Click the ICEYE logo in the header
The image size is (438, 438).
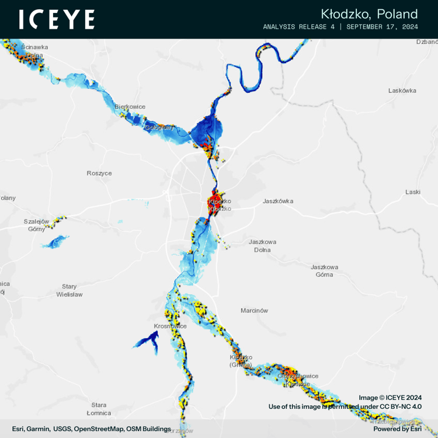pyautogui.click(x=57, y=19)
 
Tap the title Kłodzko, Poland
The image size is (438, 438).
pyautogui.click(x=369, y=14)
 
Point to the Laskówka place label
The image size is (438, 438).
pyautogui.click(x=402, y=91)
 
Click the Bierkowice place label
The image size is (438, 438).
pyautogui.click(x=130, y=107)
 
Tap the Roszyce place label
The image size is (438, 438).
pyautogui.click(x=99, y=173)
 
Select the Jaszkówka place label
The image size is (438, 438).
pyautogui.click(x=278, y=201)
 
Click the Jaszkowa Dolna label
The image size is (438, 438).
pyautogui.click(x=262, y=246)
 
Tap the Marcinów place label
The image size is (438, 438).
pyautogui.click(x=255, y=311)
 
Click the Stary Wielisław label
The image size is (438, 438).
pyautogui.click(x=69, y=290)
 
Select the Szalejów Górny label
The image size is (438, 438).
pyautogui.click(x=36, y=225)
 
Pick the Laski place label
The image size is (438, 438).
pyautogui.click(x=412, y=192)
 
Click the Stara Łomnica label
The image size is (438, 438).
pyautogui.click(x=99, y=409)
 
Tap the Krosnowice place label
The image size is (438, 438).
pyautogui.click(x=170, y=326)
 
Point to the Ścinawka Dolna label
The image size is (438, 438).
pyautogui.click(x=34, y=51)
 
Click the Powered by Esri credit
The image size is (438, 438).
pyautogui.click(x=397, y=429)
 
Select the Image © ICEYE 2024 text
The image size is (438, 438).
pyautogui.click(x=390, y=397)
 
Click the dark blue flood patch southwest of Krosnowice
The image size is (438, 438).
pyautogui.click(x=147, y=341)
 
